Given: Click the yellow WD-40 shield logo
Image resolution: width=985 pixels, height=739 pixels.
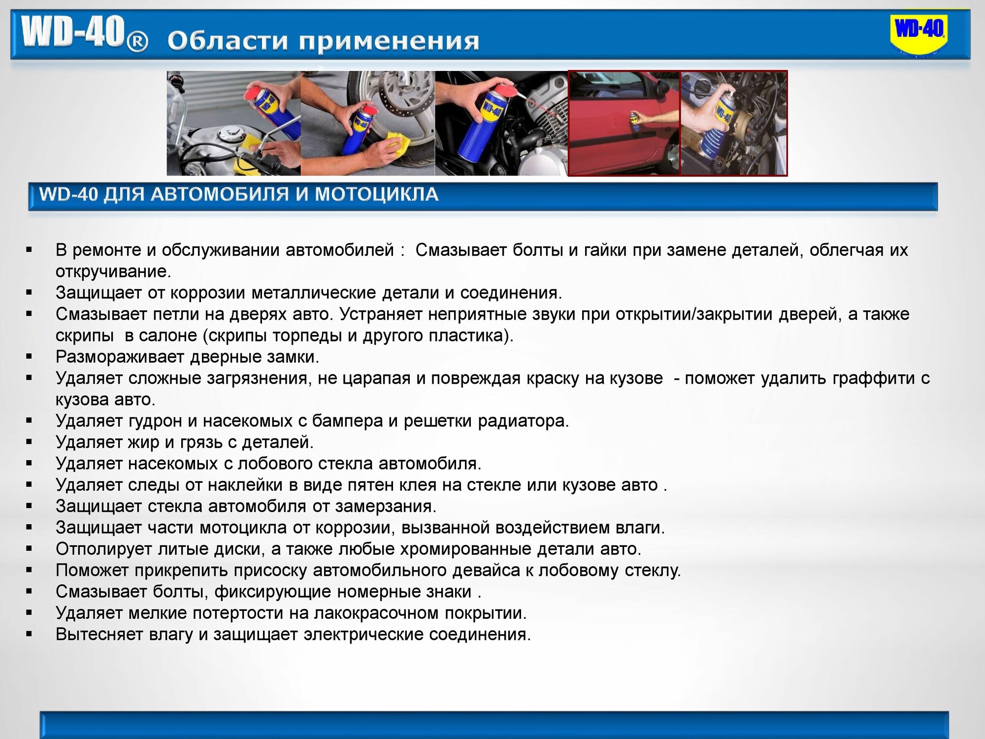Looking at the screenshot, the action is coord(919,34).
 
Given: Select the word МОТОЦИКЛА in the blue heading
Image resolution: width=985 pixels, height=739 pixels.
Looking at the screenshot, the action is coord(376,194).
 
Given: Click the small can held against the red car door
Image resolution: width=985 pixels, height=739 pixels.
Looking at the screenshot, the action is coord(634,118).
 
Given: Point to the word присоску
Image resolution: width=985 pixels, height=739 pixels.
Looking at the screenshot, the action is coord(270,571).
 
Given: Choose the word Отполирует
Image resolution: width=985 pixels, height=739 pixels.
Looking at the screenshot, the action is coord(104,549).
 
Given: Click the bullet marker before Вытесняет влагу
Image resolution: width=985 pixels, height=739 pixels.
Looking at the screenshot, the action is coord(29,635).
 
